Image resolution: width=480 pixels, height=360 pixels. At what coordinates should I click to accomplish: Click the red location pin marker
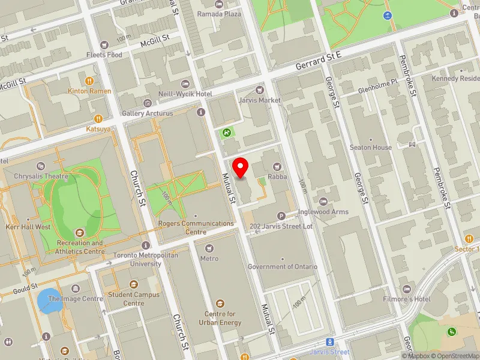(x=241, y=167)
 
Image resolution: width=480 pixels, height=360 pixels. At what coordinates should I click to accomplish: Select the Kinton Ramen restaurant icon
(x=90, y=80)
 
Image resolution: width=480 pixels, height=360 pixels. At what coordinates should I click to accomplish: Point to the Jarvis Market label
(x=259, y=100)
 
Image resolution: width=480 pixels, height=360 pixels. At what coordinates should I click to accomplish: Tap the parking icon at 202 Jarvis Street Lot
(x=281, y=216)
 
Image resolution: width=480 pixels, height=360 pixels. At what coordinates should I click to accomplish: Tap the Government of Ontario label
(x=283, y=267)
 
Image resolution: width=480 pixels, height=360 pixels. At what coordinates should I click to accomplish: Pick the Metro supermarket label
(x=209, y=259)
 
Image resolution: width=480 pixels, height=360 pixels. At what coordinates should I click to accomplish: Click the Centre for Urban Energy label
(x=223, y=319)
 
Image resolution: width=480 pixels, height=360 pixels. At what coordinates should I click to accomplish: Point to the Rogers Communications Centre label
(x=196, y=227)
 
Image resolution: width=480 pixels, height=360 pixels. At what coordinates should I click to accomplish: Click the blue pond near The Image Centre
(x=49, y=301)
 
